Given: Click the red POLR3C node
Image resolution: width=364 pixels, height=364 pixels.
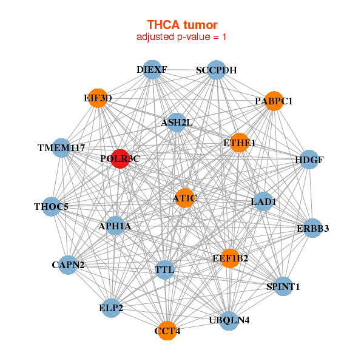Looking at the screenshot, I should click(x=120, y=159).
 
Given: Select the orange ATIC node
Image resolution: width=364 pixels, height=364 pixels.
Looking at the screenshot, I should click(x=184, y=198).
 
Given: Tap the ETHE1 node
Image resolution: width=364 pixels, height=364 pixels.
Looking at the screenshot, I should click(x=240, y=143).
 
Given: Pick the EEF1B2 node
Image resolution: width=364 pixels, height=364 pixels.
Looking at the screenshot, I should click(x=230, y=258).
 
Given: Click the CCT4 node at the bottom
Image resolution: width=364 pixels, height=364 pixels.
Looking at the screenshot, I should click(x=167, y=331).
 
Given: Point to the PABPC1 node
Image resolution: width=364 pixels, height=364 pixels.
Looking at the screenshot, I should click(x=274, y=101).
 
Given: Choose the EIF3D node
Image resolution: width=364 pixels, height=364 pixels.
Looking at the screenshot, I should click(x=98, y=98).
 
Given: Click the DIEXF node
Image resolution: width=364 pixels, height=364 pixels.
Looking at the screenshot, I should click(x=152, y=70).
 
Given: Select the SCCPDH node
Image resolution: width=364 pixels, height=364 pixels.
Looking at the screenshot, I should click(x=217, y=70).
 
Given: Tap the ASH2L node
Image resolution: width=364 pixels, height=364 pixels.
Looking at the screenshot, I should click(x=177, y=123).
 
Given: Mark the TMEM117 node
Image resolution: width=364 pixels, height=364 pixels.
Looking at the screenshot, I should click(x=61, y=148).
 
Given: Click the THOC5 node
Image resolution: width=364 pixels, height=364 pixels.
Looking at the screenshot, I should click(x=52, y=207).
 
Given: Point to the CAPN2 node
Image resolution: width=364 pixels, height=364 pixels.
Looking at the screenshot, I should click(x=68, y=265).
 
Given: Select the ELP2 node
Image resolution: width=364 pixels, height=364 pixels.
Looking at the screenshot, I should click(x=112, y=308).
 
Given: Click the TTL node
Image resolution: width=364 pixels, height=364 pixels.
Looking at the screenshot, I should click(x=164, y=269).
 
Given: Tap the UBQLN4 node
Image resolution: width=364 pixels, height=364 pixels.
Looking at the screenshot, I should click(x=229, y=320).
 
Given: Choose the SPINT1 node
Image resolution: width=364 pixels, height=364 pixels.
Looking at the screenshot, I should click(x=283, y=286).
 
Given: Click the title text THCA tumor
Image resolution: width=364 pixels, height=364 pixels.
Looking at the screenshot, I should click(x=182, y=25).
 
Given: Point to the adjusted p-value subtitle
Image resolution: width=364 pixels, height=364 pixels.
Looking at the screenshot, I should click(x=182, y=37).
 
